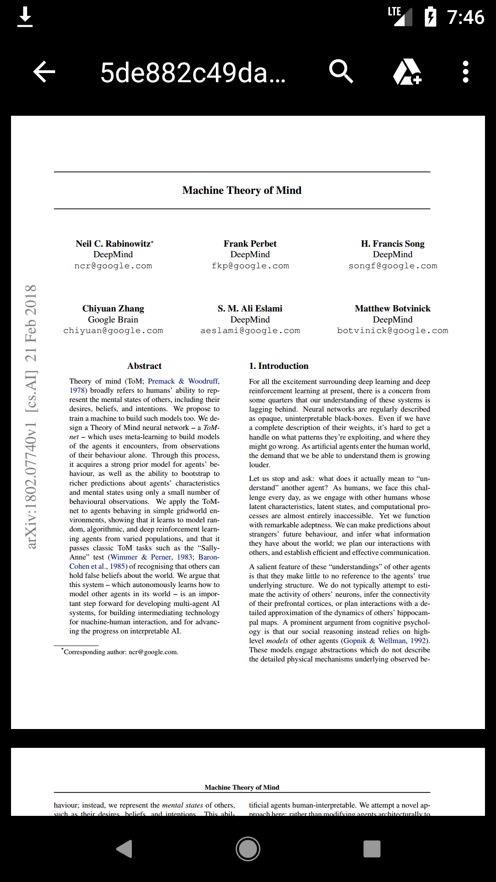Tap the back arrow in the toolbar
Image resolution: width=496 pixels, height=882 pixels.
44,72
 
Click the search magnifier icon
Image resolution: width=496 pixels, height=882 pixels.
341,71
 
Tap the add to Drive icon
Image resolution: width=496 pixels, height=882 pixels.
407,72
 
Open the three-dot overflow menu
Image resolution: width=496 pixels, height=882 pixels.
465,72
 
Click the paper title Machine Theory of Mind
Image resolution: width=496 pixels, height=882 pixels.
242,190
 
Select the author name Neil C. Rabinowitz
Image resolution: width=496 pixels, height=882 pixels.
113,243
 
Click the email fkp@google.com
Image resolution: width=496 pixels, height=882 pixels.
250,266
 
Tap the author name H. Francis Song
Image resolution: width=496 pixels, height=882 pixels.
392,243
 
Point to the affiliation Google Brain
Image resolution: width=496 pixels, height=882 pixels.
113,319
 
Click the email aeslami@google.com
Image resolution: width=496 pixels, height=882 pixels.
250,331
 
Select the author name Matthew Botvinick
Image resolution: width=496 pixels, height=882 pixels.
392,308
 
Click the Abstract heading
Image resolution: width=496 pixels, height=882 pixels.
144,366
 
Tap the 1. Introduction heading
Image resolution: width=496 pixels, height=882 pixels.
278,366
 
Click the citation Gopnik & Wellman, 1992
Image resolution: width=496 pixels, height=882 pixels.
384,640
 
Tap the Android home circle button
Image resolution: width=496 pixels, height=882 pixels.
248,848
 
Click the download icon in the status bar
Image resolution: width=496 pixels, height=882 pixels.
25,17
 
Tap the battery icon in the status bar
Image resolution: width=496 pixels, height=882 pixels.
430,17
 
